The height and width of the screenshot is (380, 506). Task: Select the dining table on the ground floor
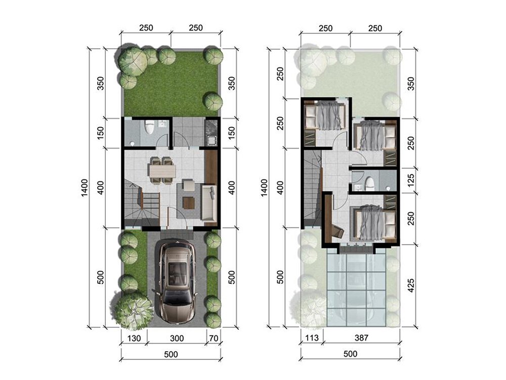(x=162, y=171)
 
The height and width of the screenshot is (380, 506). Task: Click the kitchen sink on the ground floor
(x=212, y=140)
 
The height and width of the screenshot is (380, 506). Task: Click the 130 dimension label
(x=134, y=338)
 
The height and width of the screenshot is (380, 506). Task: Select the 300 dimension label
(x=177, y=338)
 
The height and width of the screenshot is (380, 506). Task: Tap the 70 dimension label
(x=214, y=338)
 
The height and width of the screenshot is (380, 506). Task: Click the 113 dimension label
(x=312, y=338)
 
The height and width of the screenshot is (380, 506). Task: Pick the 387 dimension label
(x=361, y=338)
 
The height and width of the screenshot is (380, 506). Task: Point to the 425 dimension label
(x=411, y=285)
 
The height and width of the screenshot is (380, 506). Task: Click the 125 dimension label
(x=411, y=181)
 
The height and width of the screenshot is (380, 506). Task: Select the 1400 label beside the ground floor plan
(x=84, y=188)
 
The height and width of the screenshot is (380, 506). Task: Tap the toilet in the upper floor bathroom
(x=369, y=183)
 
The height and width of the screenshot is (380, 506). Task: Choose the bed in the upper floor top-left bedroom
(x=325, y=116)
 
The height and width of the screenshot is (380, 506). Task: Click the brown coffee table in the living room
(x=189, y=203)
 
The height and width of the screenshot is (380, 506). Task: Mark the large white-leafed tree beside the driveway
(x=134, y=311)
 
